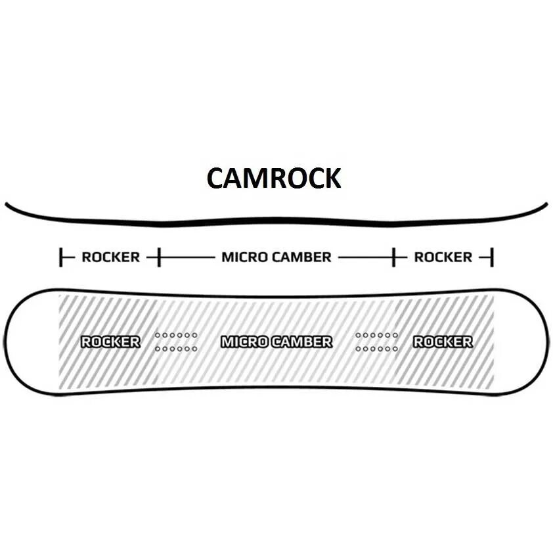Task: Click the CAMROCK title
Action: pos(274,178)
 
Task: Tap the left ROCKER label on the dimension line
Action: pos(110,257)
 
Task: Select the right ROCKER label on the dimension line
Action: pos(443,257)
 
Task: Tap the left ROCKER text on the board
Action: pos(110,342)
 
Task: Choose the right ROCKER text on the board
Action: pos(443,342)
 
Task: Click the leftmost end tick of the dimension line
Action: pos(61,257)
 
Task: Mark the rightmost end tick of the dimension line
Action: pos(492,257)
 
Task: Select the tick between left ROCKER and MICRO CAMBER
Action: pos(158,257)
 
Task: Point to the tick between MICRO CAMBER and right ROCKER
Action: pos(394,257)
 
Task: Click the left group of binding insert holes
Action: pos(176,342)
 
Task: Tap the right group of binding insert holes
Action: pos(377,342)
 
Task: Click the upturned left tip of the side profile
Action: pos(8,206)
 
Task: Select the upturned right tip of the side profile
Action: pos(544,205)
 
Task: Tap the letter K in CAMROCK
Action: pos(331,178)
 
